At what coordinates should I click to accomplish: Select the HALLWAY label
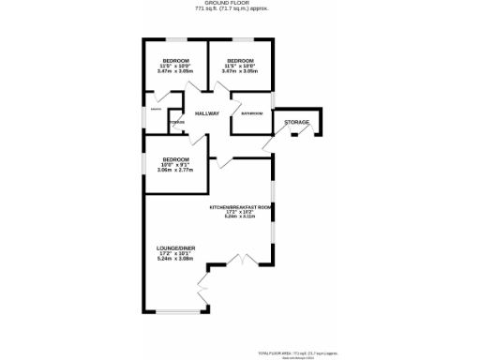(x=207, y=114)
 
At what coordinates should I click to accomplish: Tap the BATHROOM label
(x=251, y=114)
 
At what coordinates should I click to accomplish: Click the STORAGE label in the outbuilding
(x=297, y=122)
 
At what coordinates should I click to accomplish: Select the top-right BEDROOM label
(x=240, y=59)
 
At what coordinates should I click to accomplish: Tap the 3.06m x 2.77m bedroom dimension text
(x=175, y=171)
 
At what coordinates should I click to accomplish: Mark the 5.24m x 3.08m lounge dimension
(x=174, y=260)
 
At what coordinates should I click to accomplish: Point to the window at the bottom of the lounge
(x=175, y=311)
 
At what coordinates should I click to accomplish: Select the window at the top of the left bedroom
(x=174, y=40)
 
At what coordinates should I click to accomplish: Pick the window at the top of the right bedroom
(x=241, y=40)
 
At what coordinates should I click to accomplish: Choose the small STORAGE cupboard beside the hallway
(x=175, y=122)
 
